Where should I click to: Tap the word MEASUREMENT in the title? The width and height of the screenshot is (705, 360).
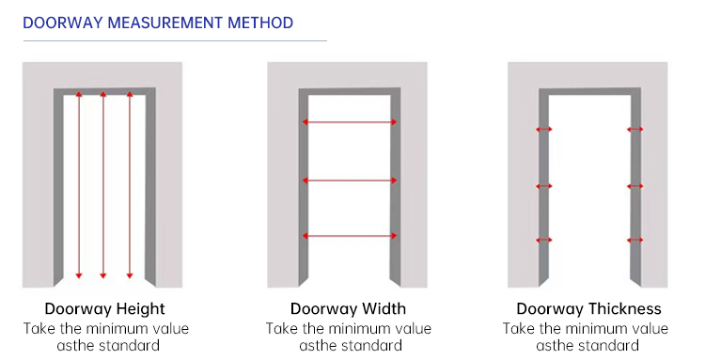pos(165,23)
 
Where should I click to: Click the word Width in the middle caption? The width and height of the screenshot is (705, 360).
pos(384,308)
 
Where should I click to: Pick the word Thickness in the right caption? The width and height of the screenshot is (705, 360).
pos(625,308)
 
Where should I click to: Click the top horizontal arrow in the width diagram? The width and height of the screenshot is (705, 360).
pos(350,122)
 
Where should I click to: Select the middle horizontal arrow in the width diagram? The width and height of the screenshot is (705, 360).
pos(350,180)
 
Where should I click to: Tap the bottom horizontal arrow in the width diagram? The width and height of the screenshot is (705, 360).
pos(350,236)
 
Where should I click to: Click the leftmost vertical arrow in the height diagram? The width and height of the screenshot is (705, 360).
pos(79,185)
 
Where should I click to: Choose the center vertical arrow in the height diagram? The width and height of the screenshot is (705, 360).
pos(103,185)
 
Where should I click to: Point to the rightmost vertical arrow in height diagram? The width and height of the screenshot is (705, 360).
pos(130,185)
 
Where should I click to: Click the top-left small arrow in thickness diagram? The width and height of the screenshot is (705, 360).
pos(544,130)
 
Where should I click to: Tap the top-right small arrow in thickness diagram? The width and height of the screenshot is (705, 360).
pos(634,130)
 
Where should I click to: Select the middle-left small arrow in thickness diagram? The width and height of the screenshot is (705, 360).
pos(544,186)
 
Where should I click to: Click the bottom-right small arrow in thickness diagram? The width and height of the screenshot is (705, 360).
pos(634,240)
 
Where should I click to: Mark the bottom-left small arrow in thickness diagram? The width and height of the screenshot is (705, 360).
pos(544,240)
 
